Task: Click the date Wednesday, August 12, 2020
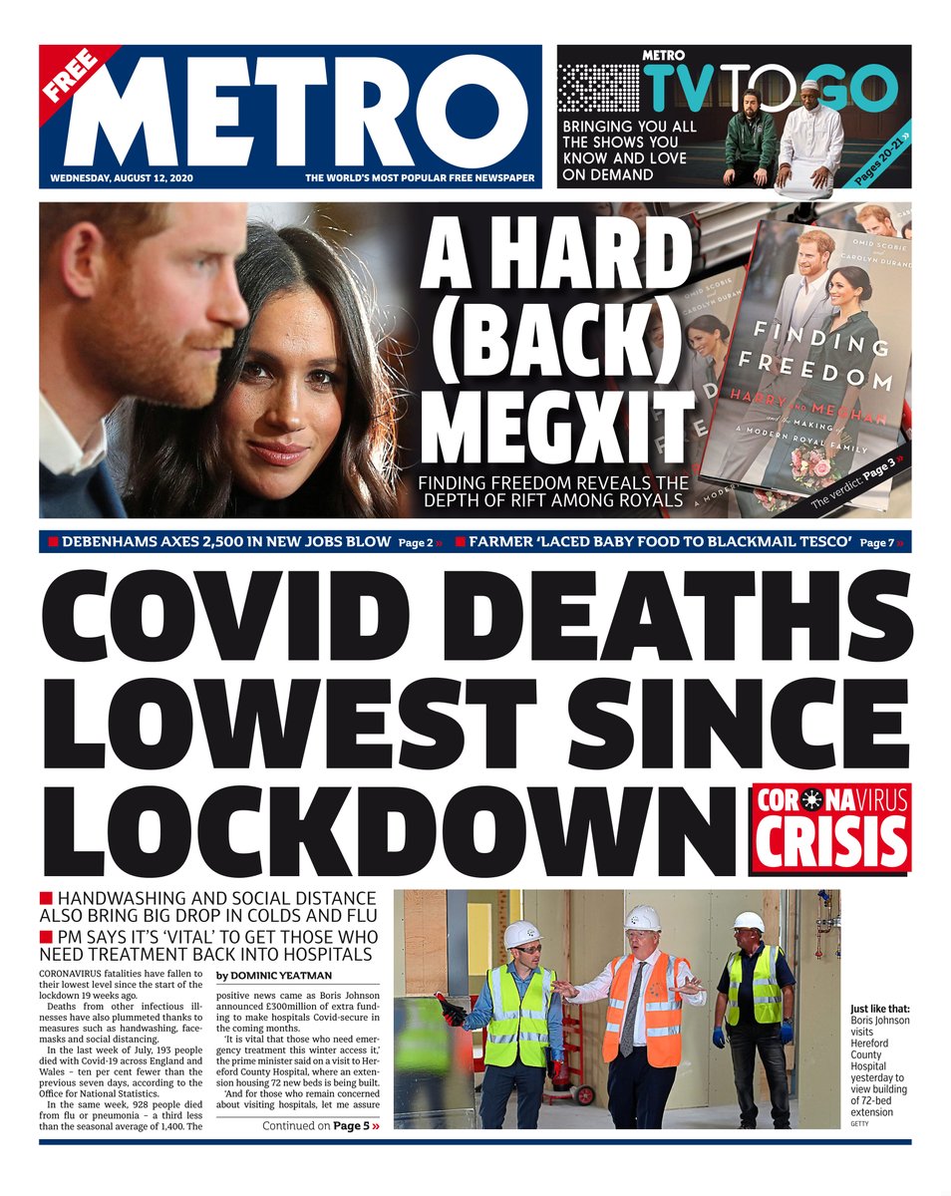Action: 124,178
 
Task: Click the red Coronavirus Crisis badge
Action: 830,827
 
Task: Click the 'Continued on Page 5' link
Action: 315,1126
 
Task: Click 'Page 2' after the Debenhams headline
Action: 419,543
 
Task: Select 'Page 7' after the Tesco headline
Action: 879,543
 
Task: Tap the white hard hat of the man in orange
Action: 642,917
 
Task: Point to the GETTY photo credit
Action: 859,1124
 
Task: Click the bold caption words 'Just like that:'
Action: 879,1008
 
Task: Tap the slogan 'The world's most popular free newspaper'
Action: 420,178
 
